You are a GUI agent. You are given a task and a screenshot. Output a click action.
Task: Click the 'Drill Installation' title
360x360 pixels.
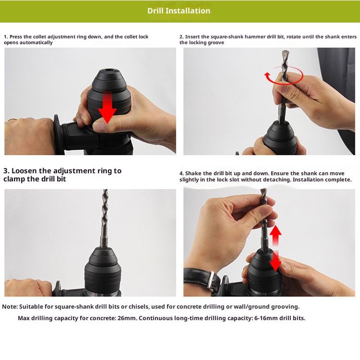click(x=179, y=11)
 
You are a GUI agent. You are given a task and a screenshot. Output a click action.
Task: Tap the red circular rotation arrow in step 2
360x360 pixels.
click(x=284, y=75)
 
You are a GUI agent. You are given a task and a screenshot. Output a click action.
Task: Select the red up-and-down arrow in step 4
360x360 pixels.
click(x=276, y=248)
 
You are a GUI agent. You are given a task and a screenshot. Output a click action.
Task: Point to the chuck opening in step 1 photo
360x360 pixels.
click(x=108, y=70)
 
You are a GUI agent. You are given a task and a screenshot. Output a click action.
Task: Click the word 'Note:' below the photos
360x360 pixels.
click(x=10, y=307)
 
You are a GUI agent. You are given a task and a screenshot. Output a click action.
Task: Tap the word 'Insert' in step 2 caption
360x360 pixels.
click(x=192, y=37)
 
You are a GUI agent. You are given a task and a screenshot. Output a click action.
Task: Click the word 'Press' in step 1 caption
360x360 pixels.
click(x=16, y=37)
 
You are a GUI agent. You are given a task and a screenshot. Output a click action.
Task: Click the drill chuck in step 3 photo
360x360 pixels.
click(x=103, y=271)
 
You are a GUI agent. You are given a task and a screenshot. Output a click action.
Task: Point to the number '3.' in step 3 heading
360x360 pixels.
click(x=6, y=171)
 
